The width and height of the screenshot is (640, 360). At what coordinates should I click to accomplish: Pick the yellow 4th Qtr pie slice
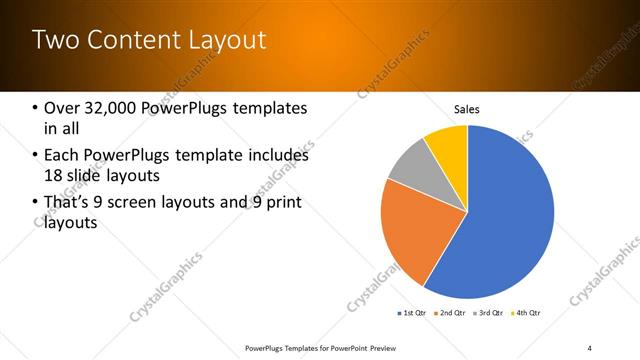448,145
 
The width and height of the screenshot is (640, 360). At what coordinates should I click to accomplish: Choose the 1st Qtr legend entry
413,313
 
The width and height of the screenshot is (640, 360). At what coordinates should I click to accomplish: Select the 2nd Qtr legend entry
452,313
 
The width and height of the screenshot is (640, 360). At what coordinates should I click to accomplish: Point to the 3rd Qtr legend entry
490,313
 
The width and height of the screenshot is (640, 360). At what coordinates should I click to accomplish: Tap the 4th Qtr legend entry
527,313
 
